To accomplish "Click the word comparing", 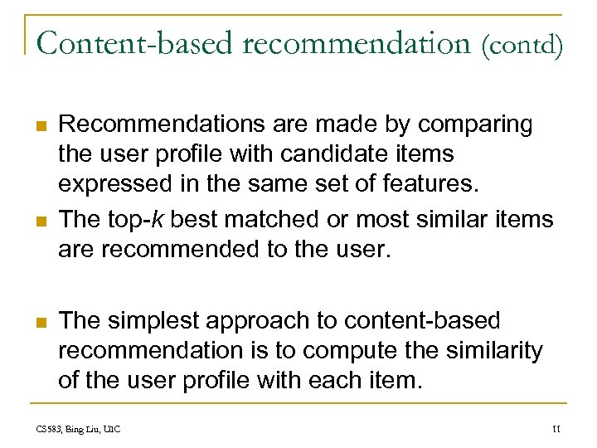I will click(x=475, y=125).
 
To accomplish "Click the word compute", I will click(x=358, y=351).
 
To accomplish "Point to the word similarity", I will click(x=495, y=351).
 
